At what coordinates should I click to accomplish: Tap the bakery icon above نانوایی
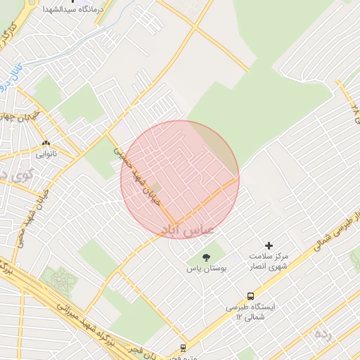(x=46, y=143)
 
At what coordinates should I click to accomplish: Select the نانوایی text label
(x=46, y=153)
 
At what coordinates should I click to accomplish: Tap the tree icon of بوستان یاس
(x=206, y=257)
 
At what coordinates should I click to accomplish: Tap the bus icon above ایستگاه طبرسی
(x=250, y=296)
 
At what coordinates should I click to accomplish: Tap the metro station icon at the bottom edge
(x=184, y=347)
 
